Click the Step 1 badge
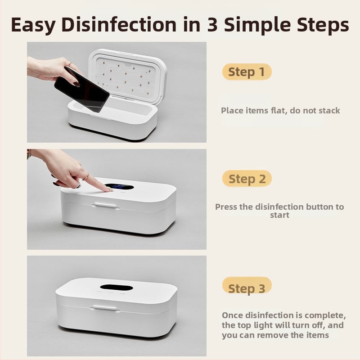[247, 72]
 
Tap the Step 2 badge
[247, 178]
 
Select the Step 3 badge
[247, 285]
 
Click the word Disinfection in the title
[119, 24]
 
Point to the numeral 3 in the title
[212, 24]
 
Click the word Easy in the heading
[33, 25]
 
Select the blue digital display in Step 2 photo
[119, 187]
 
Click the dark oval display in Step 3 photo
[117, 288]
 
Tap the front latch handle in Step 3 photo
[105, 308]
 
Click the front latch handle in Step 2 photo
[106, 206]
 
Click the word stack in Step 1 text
[329, 110]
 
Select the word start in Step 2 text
[279, 216]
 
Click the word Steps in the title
[323, 25]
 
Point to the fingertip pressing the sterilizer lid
[110, 189]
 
